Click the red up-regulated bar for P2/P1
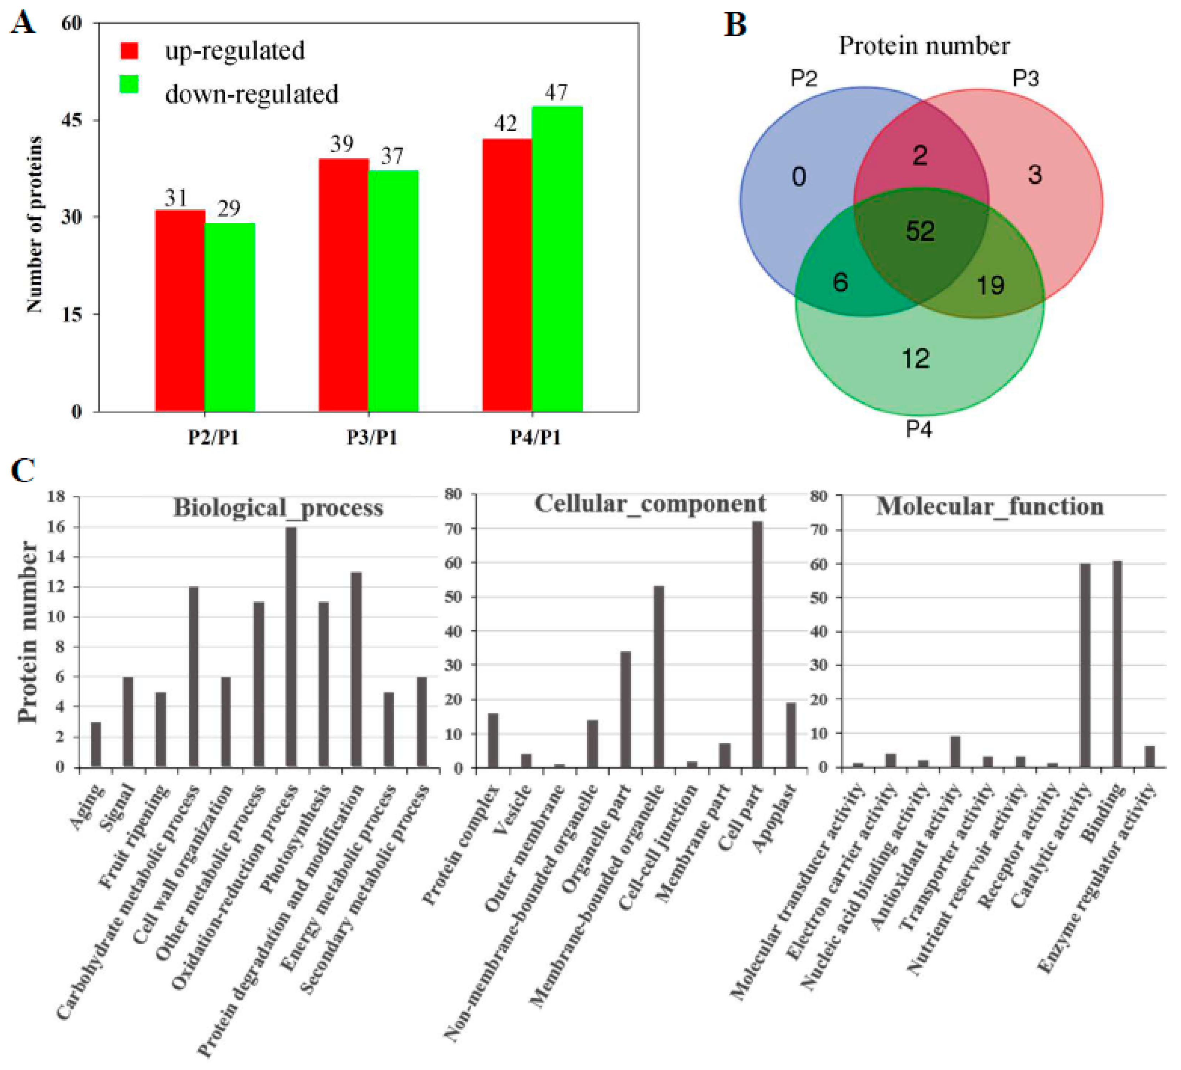(x=180, y=310)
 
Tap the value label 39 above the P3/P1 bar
(x=342, y=144)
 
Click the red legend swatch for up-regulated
(x=129, y=51)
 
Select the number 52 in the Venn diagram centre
(x=920, y=231)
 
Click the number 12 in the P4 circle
(x=916, y=358)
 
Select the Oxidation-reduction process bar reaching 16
(x=291, y=647)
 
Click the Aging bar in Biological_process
(x=95, y=745)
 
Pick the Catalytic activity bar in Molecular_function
(x=1085, y=665)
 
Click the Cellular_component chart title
(x=650, y=503)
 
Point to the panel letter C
(x=24, y=470)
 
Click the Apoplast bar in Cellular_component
(x=791, y=735)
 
